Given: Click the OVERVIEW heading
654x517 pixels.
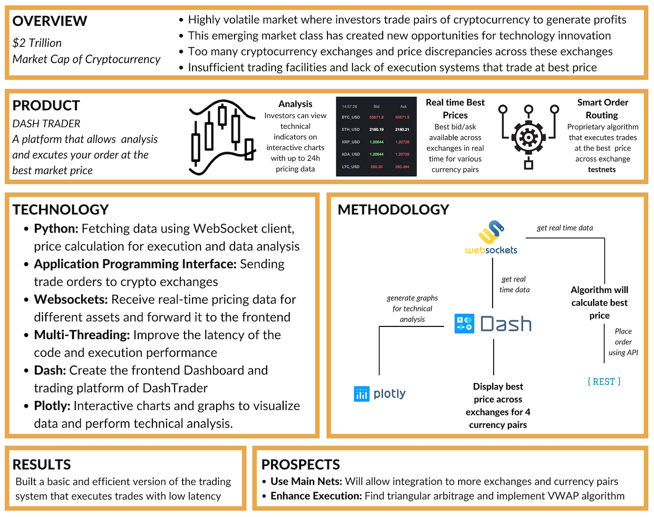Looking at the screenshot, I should click(x=50, y=21).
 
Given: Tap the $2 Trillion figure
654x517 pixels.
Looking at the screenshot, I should click(x=37, y=43).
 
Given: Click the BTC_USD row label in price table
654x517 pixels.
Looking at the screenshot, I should click(x=351, y=117).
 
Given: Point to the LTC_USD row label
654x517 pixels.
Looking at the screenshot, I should click(x=351, y=167).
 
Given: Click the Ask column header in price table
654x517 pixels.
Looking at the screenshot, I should click(x=403, y=107).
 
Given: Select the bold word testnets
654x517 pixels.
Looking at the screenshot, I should click(x=602, y=169).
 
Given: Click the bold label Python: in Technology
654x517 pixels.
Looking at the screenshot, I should click(x=56, y=229).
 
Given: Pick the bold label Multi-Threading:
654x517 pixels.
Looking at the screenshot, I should click(x=82, y=335).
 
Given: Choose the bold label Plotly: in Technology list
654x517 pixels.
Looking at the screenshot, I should click(x=52, y=406).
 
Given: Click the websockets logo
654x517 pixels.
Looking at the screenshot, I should click(x=491, y=238).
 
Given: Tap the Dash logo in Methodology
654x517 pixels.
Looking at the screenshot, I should click(x=493, y=324).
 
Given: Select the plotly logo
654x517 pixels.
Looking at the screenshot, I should click(x=380, y=393).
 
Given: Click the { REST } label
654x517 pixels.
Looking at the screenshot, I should click(x=604, y=382).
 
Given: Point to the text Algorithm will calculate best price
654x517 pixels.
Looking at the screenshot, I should click(x=599, y=303).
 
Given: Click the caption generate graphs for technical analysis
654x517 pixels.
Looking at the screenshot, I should click(x=412, y=309).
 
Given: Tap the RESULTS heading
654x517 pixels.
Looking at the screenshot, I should click(x=42, y=465).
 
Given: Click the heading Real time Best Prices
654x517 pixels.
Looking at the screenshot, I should click(x=455, y=108).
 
